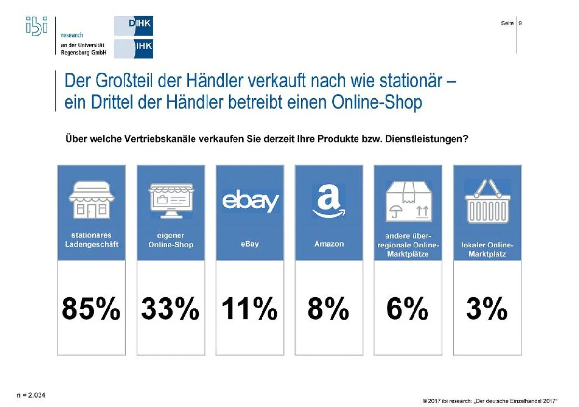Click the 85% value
[91, 309]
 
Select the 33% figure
[170, 309]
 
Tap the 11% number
[249, 309]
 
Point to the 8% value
[329, 309]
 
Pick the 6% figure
[408, 309]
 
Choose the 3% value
[487, 309]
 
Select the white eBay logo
[250, 202]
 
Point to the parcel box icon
[408, 202]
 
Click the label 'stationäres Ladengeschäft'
[92, 240]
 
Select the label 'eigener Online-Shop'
[171, 240]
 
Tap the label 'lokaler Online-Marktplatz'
[487, 249]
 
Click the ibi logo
[37, 26]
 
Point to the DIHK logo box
[134, 26]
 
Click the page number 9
[520, 23]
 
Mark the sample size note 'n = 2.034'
[30, 395]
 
